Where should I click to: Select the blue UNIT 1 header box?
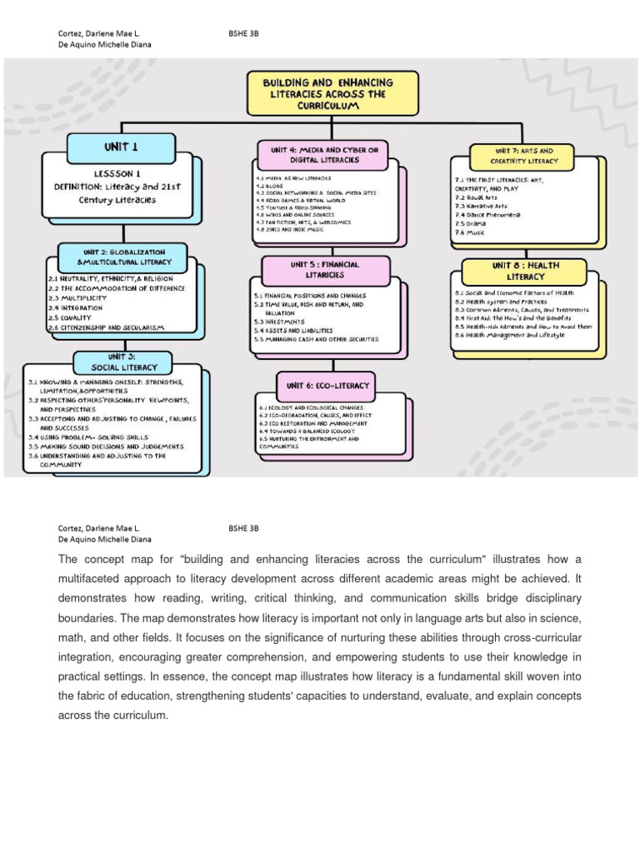121,147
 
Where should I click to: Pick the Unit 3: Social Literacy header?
123,362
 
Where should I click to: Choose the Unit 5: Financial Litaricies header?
316,268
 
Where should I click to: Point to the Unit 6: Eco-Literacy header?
326,386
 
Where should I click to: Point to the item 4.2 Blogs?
271,185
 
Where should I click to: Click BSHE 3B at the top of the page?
243,33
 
